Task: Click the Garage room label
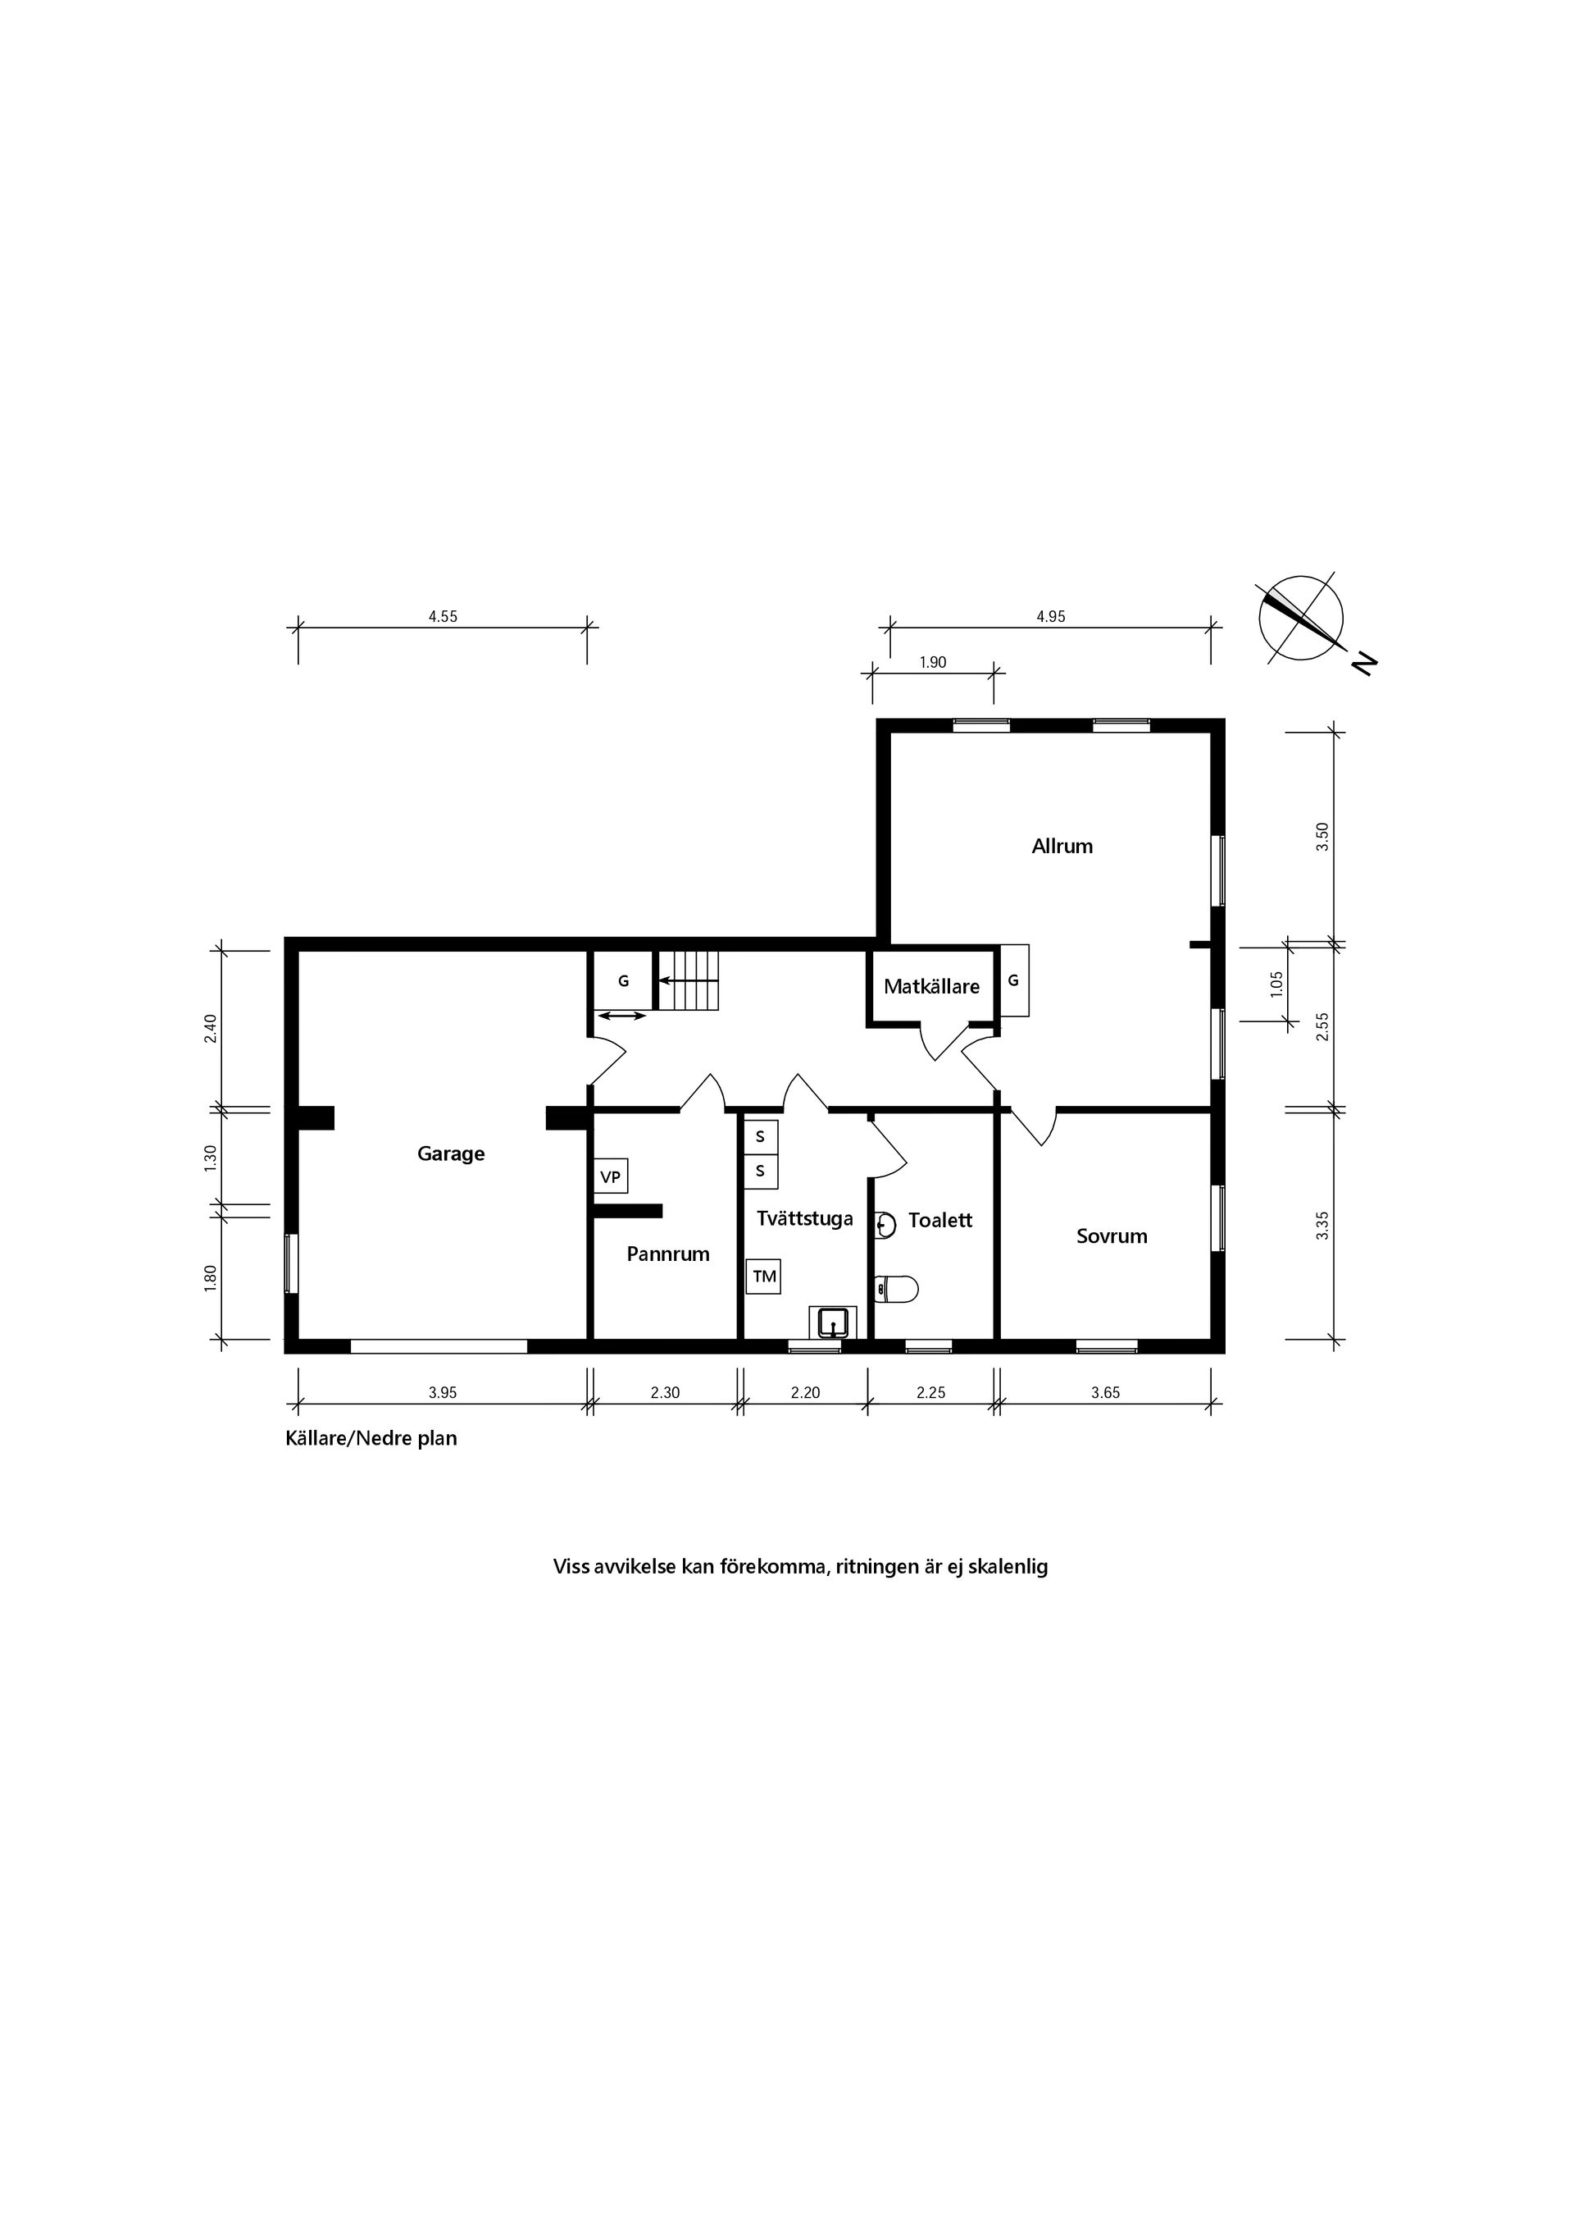click(450, 1153)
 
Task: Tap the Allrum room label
click(1062, 846)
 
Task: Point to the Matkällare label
click(930, 986)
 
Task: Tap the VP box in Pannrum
click(611, 1176)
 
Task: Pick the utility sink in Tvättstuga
click(833, 1322)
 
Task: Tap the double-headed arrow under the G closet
click(621, 1016)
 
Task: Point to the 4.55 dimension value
click(443, 616)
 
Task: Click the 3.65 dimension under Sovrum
click(1104, 1392)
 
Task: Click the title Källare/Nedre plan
click(371, 1438)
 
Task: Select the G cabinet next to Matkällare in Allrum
click(1014, 980)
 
